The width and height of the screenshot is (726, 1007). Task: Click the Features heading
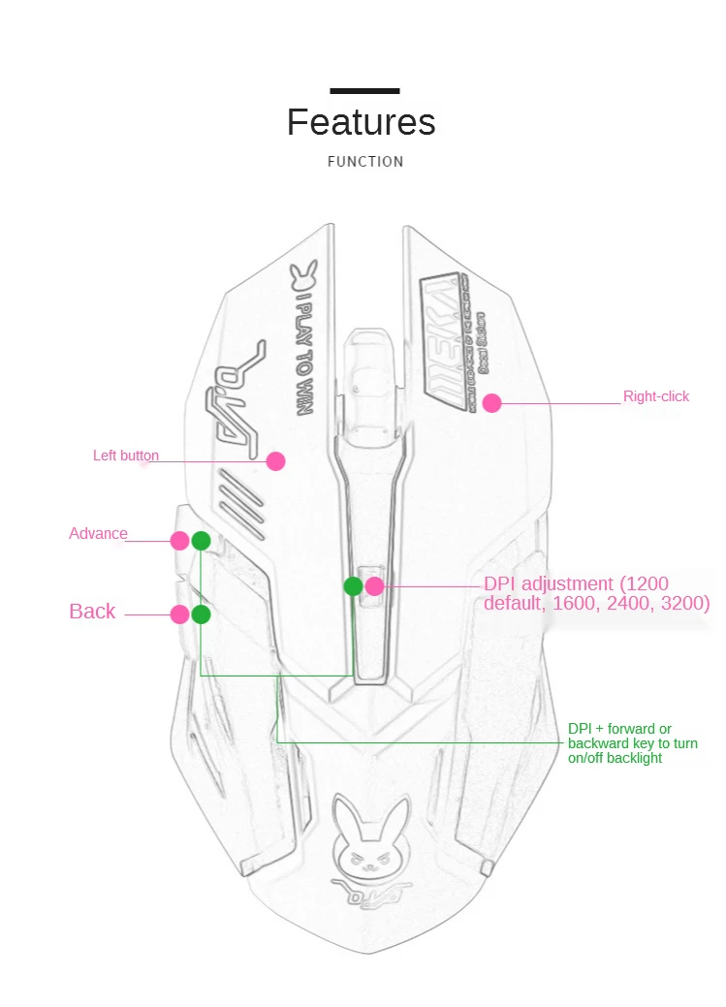point(361,123)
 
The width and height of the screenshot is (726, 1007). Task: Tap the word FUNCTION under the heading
point(365,162)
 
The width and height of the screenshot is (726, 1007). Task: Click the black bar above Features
point(364,91)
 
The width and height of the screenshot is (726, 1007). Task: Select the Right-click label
point(656,396)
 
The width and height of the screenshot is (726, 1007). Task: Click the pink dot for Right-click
point(492,403)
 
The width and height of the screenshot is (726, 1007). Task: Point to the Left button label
point(126,456)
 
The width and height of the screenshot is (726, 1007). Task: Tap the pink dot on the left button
point(276,461)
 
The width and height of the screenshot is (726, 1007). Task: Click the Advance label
point(98,533)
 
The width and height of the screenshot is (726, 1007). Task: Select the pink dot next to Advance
point(180,541)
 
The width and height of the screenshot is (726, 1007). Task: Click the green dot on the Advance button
point(201,541)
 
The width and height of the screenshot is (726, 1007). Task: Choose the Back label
point(92,612)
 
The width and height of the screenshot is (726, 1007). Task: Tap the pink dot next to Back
point(180,614)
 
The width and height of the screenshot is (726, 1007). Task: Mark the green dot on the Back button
point(202,614)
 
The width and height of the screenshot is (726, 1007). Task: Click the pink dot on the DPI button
point(375,586)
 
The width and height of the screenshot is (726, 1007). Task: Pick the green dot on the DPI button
point(354,586)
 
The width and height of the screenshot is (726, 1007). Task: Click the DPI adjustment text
point(596,593)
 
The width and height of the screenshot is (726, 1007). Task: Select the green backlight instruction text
point(632,743)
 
